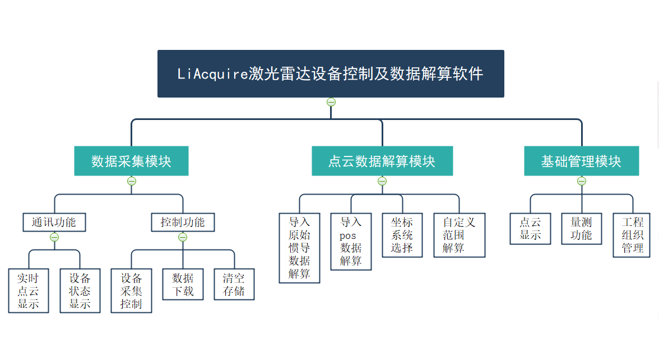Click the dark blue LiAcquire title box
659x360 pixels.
pos(331,73)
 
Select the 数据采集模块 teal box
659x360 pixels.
pos(131,160)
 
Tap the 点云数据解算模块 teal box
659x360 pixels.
pos(382,160)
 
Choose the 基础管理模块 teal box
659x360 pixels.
pos(581,160)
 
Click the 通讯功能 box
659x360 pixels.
pos(54,222)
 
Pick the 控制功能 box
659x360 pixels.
pos(183,222)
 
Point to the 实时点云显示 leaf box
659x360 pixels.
pos(29,290)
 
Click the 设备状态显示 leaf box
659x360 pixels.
pos(80,290)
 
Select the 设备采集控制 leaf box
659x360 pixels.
pos(131,290)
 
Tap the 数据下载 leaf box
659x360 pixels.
pos(183,284)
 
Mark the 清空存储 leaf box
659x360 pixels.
pos(234,284)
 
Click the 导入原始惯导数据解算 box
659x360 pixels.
pos(299,248)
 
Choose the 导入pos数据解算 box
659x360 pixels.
pos(351,241)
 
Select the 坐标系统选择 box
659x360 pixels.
pos(402,235)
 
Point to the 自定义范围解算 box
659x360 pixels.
pos(460,235)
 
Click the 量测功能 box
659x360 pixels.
pos(582,228)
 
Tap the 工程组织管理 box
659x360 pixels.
pos(632,235)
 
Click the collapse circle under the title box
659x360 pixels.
pos(331,102)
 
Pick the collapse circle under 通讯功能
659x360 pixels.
pos(54,237)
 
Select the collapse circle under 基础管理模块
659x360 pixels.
pos(582,181)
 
